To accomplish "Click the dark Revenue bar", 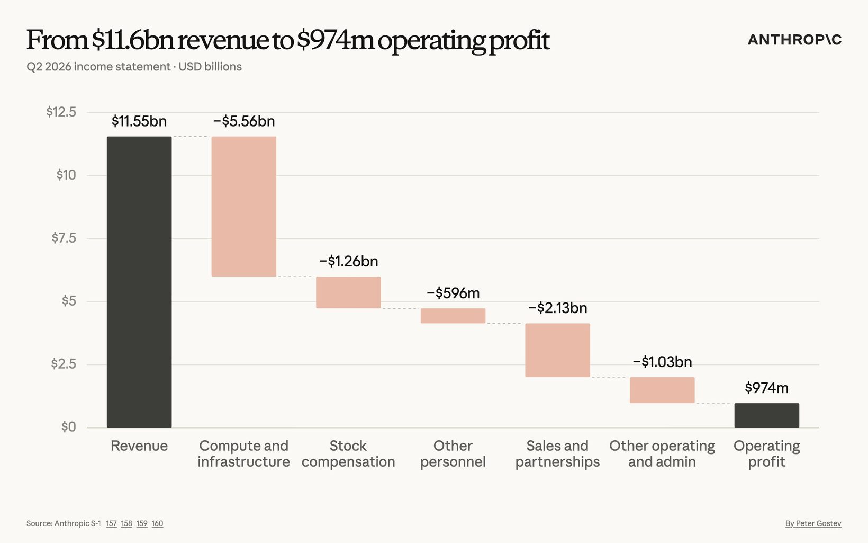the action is click(x=139, y=282).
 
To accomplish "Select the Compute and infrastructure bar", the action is click(x=244, y=207).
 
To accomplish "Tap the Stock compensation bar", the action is click(x=348, y=292).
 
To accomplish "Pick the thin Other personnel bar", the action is click(x=453, y=316).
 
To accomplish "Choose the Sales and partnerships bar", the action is click(x=558, y=350).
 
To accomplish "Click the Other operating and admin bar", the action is click(x=662, y=390).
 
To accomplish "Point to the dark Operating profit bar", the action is click(x=767, y=415).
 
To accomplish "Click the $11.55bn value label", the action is click(x=139, y=121).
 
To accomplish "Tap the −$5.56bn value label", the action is click(x=244, y=121).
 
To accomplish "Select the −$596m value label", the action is click(x=453, y=293).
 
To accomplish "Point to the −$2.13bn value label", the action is click(x=558, y=308).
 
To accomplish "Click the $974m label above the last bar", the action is click(x=767, y=388).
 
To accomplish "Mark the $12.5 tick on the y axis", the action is click(x=61, y=112).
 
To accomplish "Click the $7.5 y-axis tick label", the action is click(x=64, y=238).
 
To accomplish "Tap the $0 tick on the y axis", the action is click(x=69, y=427).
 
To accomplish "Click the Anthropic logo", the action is click(x=794, y=40).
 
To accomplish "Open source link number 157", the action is click(x=112, y=523).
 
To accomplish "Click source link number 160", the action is click(x=157, y=523).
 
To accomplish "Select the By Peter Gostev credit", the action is click(x=813, y=523).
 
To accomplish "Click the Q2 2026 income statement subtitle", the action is click(x=98, y=67).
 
